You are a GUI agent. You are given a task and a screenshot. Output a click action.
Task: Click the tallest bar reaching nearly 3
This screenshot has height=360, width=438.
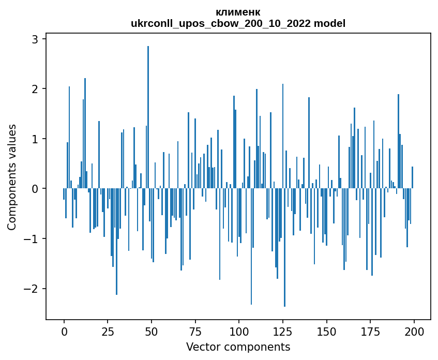(148, 117)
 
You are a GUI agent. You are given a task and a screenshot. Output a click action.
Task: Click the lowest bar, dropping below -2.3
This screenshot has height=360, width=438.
(284, 247)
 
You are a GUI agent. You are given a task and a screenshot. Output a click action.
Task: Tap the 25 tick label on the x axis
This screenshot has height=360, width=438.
(108, 332)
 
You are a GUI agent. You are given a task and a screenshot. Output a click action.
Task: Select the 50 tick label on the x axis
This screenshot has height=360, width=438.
(152, 332)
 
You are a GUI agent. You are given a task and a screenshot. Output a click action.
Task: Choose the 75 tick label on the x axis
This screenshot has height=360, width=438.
(195, 332)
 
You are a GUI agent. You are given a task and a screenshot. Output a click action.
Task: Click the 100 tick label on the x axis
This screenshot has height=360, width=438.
(239, 332)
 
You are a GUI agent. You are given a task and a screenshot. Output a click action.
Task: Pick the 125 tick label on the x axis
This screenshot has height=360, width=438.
(283, 332)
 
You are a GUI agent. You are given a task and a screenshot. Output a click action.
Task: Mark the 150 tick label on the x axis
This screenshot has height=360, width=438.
(326, 332)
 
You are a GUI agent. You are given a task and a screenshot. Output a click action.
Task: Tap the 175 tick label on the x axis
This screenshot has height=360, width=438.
(370, 332)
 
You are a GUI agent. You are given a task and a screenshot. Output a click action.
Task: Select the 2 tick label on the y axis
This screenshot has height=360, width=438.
(35, 89)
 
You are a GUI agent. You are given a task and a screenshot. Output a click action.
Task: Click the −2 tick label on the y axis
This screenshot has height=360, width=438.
(31, 289)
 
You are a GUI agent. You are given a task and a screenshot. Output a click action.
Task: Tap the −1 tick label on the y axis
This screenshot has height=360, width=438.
(31, 238)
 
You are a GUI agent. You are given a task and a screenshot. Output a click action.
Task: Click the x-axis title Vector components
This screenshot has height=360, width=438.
(238, 347)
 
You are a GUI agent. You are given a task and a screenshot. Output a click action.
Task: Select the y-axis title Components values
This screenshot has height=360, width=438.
(12, 177)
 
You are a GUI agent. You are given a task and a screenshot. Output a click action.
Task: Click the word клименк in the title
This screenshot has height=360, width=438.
(238, 12)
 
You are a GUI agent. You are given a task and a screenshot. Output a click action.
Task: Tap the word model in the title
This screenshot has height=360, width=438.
(329, 23)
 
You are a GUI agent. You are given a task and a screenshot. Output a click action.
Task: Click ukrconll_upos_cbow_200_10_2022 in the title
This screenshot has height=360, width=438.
(221, 24)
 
